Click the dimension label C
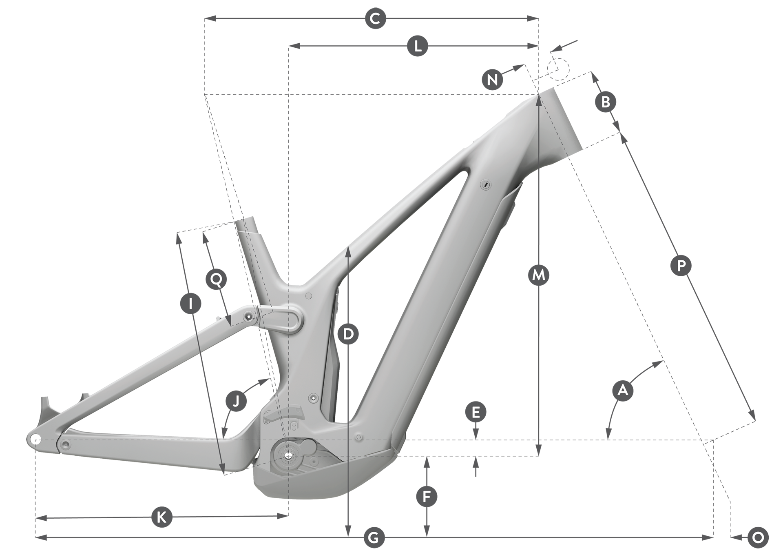pos(375,19)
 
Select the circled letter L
pos(418,46)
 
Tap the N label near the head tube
pos(492,79)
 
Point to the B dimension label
pos(606,101)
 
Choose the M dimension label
pos(539,275)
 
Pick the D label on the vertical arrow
pos(348,334)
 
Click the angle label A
pos(623,391)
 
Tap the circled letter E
pos(476,413)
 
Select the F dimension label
pos(427,497)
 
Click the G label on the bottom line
pos(374,537)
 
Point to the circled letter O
pos(758,537)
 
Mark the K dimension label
pos(161,518)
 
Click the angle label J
pos(237,400)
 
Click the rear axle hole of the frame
pos(35,440)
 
